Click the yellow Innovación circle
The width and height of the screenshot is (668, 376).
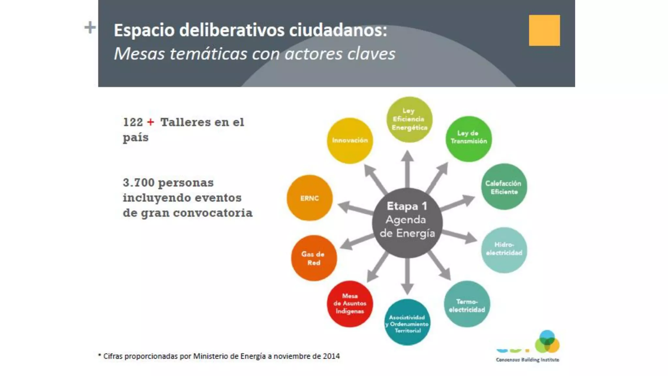[x=350, y=140]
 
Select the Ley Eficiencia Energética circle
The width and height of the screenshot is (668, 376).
[x=409, y=119]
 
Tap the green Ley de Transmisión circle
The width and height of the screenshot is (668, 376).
[x=469, y=138]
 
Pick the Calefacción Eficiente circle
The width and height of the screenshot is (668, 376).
[x=504, y=186]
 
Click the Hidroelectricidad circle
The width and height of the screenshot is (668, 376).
[x=504, y=250]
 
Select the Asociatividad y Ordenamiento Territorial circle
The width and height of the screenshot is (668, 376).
[x=407, y=322]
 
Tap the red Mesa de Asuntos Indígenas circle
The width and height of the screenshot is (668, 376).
[x=350, y=304]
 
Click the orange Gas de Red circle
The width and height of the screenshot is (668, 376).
[x=313, y=258]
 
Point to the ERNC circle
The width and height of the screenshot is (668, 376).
[x=310, y=198]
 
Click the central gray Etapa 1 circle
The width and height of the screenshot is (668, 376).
[x=407, y=223]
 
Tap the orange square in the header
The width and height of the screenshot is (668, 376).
[x=544, y=30]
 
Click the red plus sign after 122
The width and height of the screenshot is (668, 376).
[x=150, y=122]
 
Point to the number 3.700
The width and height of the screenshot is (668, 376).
[x=139, y=182]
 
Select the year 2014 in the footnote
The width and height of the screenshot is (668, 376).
[x=331, y=356]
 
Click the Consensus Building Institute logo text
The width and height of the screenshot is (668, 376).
[x=527, y=360]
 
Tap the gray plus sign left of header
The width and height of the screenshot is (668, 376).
[x=90, y=27]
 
